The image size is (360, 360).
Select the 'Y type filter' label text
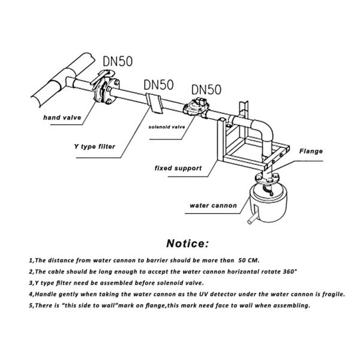(91, 146)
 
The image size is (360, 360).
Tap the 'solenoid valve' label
(170, 127)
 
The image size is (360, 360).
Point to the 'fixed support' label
(178, 169)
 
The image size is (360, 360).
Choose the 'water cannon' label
(213, 205)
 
